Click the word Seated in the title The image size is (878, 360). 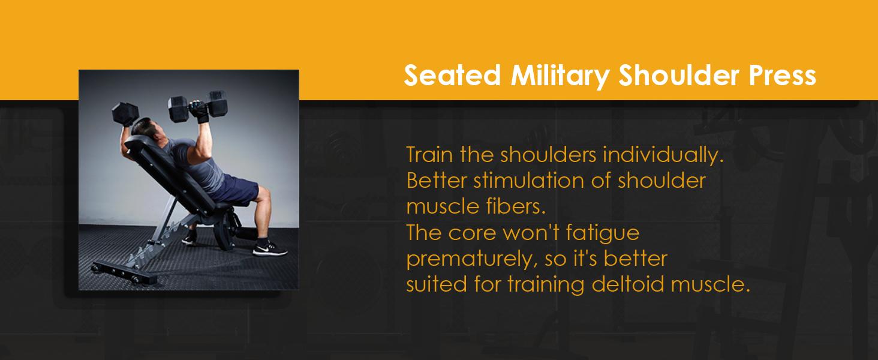coord(452,75)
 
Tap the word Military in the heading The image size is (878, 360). coord(560,76)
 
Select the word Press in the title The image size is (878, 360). coord(783,75)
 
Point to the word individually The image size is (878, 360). coord(663,155)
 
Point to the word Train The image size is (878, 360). coord(429,155)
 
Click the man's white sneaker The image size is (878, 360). coord(270,250)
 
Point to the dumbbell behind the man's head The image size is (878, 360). coord(125,113)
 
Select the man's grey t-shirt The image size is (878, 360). coord(196,165)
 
